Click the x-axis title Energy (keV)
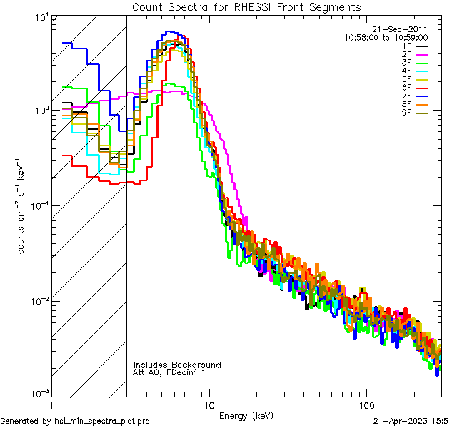pos(246,414)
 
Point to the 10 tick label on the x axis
pos(209,404)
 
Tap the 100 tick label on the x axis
pos(366,404)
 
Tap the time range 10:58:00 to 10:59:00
pos(386,37)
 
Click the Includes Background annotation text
pos(177,365)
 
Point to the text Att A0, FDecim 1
pos(169,372)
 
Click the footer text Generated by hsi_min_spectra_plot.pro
pos(76,422)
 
